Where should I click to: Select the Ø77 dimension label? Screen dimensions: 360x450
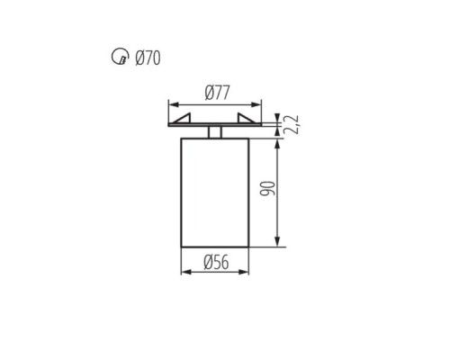[217, 92]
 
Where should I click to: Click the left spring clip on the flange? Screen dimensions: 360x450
[187, 119]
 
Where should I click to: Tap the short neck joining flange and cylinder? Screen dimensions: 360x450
[217, 132]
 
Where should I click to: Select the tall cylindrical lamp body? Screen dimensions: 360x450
[217, 191]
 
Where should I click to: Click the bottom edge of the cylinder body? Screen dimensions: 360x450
[217, 245]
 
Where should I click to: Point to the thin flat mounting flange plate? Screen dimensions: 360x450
[217, 126]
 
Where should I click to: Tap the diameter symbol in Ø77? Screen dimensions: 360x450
[208, 92]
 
